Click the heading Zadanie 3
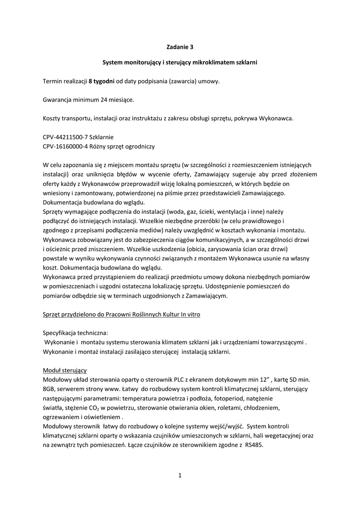tap(180, 48)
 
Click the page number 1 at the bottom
tap(180, 476)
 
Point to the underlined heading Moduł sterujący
tap(65, 370)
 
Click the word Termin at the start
tap(54, 81)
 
